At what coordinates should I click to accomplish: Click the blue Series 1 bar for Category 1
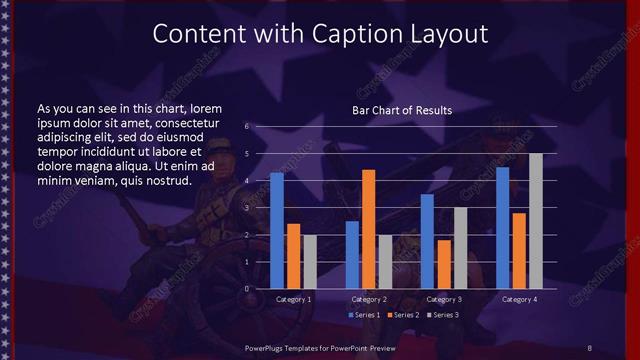(277, 231)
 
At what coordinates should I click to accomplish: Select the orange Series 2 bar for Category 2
(368, 229)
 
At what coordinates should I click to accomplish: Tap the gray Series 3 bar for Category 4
(536, 221)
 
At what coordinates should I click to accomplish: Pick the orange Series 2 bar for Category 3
(444, 264)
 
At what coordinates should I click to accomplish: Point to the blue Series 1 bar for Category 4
(503, 228)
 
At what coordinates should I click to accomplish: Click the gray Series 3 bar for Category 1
(309, 262)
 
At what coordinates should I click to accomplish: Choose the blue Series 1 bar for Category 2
(352, 255)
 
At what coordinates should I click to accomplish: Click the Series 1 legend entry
(364, 315)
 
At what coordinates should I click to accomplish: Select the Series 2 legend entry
(403, 315)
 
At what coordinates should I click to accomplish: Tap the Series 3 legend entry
(443, 315)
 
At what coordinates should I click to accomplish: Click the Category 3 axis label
(444, 299)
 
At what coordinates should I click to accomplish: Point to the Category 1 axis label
(293, 299)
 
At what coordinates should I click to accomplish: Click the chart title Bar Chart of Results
(403, 110)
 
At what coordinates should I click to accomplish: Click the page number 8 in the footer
(590, 346)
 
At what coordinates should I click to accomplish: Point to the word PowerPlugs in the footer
(267, 346)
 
